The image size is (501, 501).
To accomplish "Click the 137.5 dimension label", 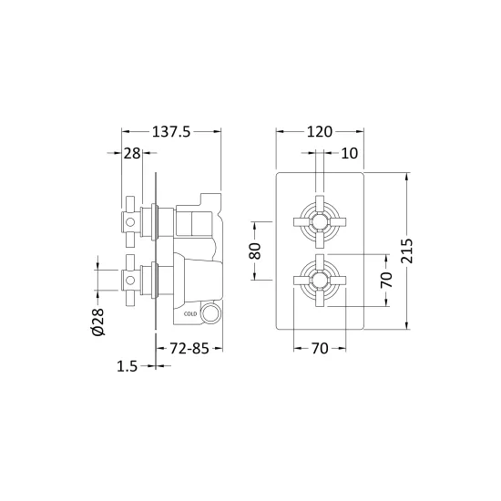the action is click(x=171, y=132).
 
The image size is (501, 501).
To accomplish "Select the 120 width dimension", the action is click(x=320, y=132).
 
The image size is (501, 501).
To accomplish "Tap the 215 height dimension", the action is click(x=407, y=250).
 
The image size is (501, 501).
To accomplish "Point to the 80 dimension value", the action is click(x=255, y=250).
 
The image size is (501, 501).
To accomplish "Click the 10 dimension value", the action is click(x=350, y=153).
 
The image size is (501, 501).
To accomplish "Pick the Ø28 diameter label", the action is click(x=98, y=322).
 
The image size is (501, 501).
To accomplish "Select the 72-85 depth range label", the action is click(x=189, y=348).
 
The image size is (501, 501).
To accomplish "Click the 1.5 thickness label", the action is click(x=127, y=366).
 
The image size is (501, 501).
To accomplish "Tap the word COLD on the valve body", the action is click(x=190, y=314).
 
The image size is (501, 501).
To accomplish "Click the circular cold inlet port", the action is click(x=210, y=312).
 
